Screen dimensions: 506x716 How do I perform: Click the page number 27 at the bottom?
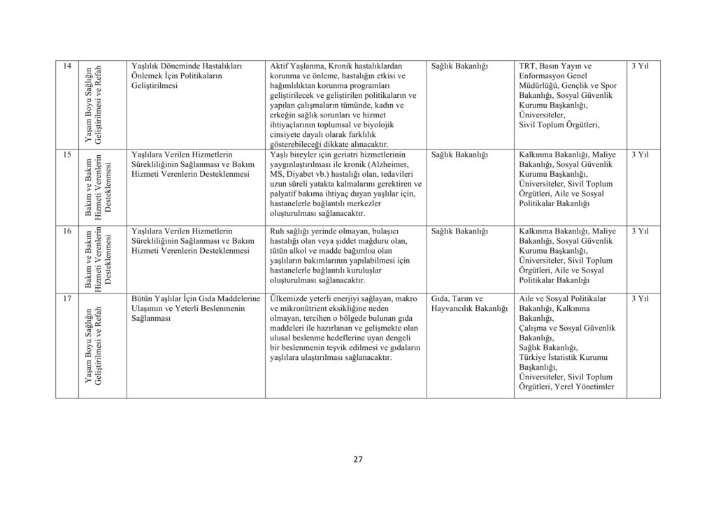point(357,459)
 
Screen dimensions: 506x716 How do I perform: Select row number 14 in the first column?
point(66,66)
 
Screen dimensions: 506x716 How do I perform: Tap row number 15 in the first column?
point(66,154)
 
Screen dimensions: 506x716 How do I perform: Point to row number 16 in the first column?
point(66,231)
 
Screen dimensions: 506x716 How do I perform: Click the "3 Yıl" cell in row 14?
point(640,66)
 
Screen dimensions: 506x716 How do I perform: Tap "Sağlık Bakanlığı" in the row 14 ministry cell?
point(459,66)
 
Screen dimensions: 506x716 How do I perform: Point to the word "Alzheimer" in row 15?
point(398,164)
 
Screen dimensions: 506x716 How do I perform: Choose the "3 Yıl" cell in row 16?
point(640,231)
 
